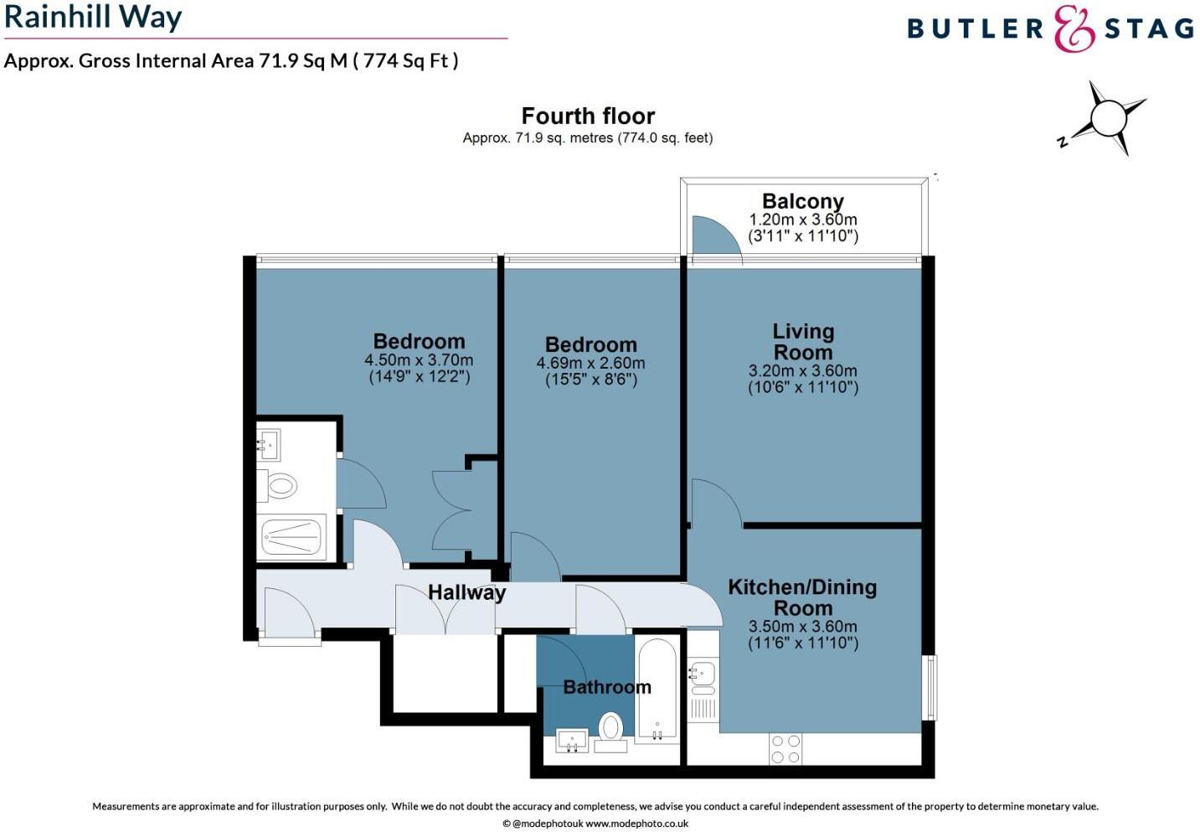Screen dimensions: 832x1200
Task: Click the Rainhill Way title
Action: coord(93,17)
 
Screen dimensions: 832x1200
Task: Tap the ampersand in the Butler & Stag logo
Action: coord(1074,28)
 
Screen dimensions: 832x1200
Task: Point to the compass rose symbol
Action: coord(1107,117)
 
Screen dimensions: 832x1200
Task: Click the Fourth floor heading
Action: coord(588,116)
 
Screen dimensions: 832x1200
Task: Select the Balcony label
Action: coord(802,201)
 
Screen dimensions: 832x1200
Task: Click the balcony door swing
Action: coord(713,235)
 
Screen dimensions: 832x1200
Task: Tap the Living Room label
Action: coord(802,342)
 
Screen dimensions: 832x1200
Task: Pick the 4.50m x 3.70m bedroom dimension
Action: coord(419,360)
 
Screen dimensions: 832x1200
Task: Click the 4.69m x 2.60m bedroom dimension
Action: coord(590,363)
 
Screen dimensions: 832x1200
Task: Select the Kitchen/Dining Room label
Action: coord(802,597)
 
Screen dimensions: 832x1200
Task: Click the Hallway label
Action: coord(466,592)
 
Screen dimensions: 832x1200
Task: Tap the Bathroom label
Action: coord(606,687)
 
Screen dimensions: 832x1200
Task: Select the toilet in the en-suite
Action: coord(280,485)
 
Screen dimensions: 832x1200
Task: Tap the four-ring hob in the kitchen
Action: coord(785,749)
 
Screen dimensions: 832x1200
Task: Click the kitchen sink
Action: coord(703,674)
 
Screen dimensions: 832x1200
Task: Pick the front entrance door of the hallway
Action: coord(288,617)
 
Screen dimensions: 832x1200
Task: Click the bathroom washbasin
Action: coord(572,741)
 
